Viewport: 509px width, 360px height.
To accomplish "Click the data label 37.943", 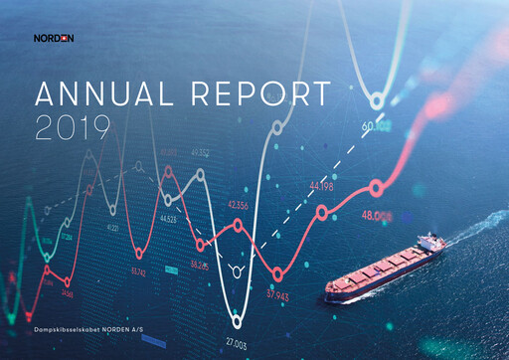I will pyautogui.click(x=277, y=294).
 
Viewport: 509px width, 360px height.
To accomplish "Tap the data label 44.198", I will pyautogui.click(x=323, y=186).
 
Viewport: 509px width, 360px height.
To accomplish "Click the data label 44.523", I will pyautogui.click(x=165, y=219).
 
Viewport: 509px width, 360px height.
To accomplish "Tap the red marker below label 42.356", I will pyautogui.click(x=238, y=226).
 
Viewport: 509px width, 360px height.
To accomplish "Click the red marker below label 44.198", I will pyautogui.click(x=321, y=212).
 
